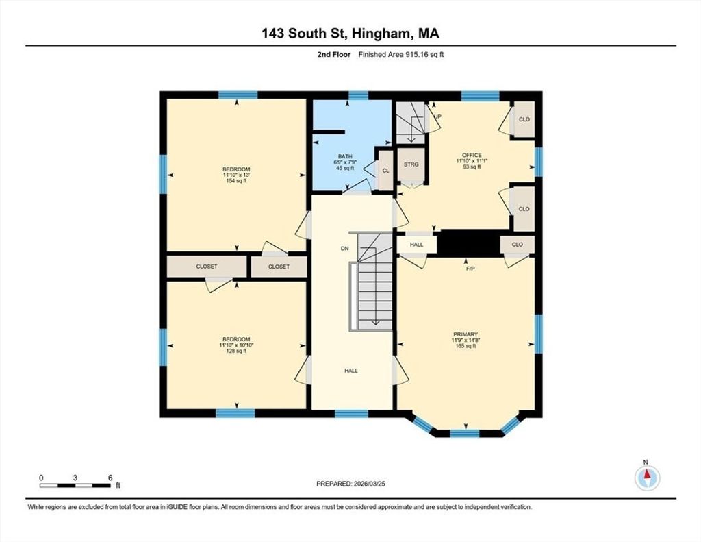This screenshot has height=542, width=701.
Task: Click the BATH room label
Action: click(x=345, y=156)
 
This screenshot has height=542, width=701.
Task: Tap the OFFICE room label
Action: click(x=472, y=156)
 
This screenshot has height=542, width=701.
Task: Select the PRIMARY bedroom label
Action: click(x=466, y=334)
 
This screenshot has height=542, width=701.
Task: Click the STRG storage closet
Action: click(x=411, y=164)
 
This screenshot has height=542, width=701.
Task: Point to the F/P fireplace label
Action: click(x=470, y=269)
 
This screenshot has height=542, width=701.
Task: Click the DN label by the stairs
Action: click(x=345, y=249)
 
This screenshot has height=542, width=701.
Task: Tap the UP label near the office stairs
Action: click(x=438, y=116)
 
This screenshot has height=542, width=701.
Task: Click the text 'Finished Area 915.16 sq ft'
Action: click(x=401, y=55)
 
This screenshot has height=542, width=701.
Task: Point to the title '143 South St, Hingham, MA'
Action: click(x=350, y=34)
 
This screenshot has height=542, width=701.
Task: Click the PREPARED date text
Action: click(x=350, y=484)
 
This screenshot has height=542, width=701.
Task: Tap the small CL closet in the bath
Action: click(x=385, y=171)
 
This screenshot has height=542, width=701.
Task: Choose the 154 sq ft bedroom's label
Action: click(x=236, y=175)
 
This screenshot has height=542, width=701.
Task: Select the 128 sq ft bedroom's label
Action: click(x=236, y=345)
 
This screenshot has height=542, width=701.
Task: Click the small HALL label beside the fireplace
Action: click(x=417, y=245)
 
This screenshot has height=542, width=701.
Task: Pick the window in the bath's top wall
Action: click(x=358, y=95)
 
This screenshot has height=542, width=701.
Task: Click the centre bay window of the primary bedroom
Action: click(x=465, y=433)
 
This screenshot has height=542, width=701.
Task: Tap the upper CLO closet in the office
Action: click(x=524, y=119)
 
